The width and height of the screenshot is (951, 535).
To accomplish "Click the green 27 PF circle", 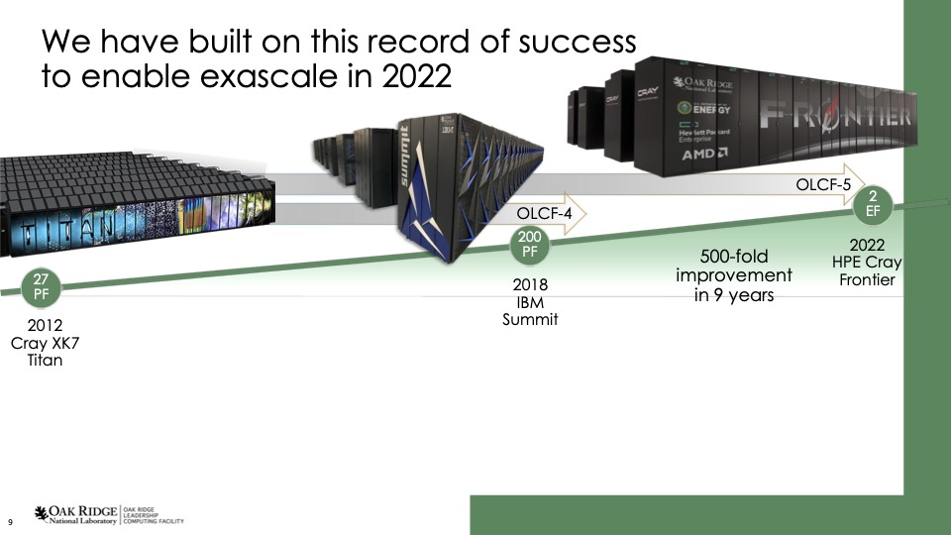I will click(41, 285).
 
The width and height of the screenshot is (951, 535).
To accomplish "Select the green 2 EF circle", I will click(873, 202).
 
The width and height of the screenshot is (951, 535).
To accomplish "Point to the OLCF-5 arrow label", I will click(824, 183).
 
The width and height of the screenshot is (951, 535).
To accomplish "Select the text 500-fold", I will click(733, 257).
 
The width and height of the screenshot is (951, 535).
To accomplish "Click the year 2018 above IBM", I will click(530, 285).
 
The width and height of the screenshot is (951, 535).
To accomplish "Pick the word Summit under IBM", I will click(530, 320).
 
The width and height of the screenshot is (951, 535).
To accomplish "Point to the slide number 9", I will click(10, 521).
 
